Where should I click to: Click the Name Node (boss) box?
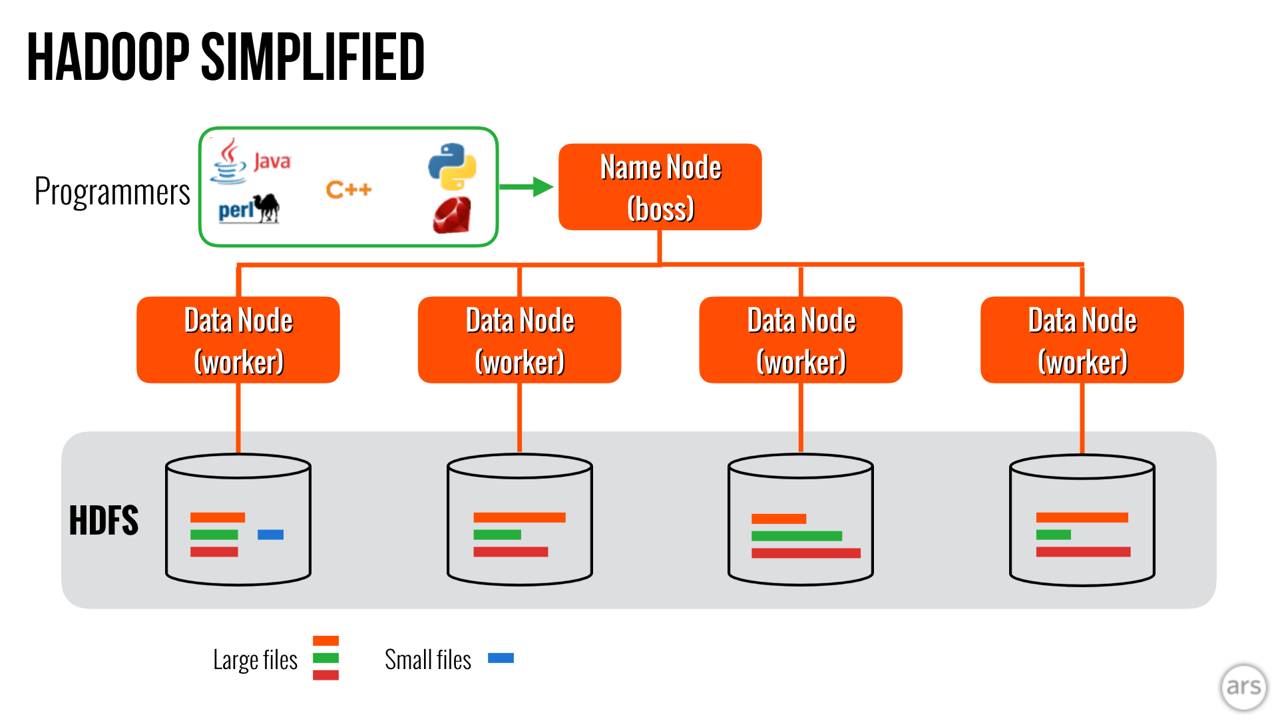(660, 187)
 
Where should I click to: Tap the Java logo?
(250, 161)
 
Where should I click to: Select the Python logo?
(452, 166)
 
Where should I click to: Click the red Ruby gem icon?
(452, 215)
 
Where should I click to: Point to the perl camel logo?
(249, 209)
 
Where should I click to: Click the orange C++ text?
(349, 190)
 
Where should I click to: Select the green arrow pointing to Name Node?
(526, 187)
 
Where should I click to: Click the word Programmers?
(112, 192)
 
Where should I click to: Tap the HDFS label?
(103, 521)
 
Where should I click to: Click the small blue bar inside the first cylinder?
(270, 535)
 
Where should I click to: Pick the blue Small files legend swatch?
(501, 658)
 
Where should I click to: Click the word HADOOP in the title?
(108, 57)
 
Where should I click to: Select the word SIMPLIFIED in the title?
(312, 57)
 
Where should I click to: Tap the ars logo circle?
(1243, 686)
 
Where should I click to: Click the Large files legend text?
(255, 660)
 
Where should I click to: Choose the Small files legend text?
(427, 660)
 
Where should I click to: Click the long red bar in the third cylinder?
(805, 553)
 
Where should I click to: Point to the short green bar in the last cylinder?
(1053, 535)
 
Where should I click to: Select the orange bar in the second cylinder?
(519, 517)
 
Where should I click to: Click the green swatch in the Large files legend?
(325, 658)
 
